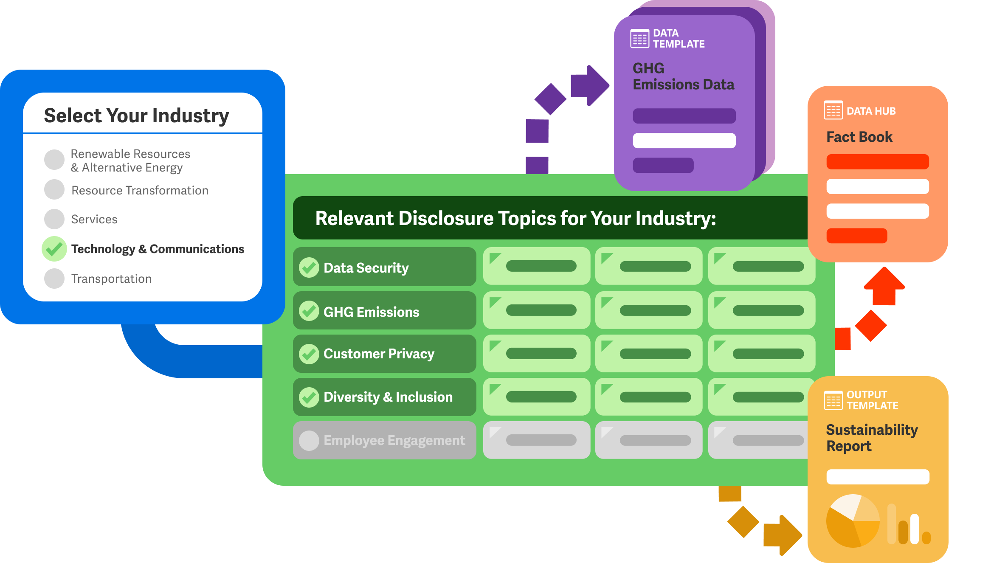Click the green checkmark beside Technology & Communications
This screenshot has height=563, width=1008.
coord(54,249)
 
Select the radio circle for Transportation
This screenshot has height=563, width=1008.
coord(54,279)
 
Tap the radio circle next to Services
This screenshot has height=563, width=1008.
coord(54,219)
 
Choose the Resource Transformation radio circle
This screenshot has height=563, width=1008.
coord(54,189)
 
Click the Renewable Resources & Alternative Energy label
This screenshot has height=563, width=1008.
coord(130,160)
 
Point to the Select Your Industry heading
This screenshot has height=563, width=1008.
coord(136,115)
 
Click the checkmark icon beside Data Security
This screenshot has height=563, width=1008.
coord(309,267)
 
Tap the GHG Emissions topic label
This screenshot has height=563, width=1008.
coord(371,312)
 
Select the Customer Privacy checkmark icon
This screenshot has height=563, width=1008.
coord(309,354)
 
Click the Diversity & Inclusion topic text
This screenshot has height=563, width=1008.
coord(388,397)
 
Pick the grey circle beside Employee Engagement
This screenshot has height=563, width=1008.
coord(309,440)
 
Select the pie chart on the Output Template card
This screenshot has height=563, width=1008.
coord(853,521)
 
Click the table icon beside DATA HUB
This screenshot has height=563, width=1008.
coord(833,110)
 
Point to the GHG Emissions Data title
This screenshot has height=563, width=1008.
coord(683,76)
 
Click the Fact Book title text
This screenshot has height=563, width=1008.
coord(859,137)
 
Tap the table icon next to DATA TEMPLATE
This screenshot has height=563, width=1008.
coord(639,39)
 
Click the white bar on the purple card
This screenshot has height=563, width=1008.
coord(684,141)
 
